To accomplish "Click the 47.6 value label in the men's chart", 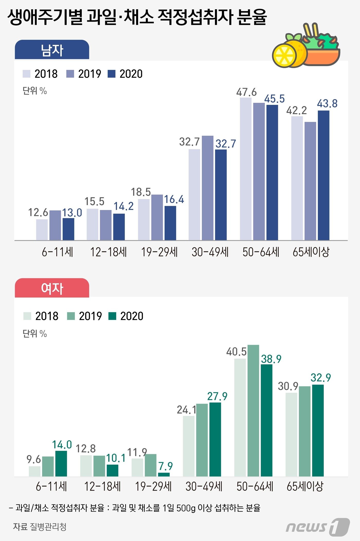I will (x=246, y=92).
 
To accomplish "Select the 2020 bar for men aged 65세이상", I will (x=323, y=175).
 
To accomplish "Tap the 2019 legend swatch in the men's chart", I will (x=70, y=74).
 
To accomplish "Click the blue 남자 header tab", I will (x=52, y=50).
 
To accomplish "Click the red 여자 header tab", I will (x=52, y=288).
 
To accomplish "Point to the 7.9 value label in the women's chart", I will (x=165, y=466).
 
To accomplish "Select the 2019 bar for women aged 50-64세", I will (x=253, y=410).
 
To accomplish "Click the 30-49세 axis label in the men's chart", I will (x=210, y=252).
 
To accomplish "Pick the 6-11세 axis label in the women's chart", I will (x=51, y=487).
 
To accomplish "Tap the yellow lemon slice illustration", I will (x=284, y=55).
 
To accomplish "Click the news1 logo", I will (x=318, y=527).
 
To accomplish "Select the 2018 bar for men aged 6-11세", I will (x=42, y=230).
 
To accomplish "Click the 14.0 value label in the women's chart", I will (x=62, y=445).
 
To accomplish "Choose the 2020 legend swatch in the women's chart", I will (x=112, y=316).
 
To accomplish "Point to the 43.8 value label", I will (x=327, y=104).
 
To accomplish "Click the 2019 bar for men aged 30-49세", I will (x=208, y=188).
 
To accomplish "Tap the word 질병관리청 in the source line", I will (x=48, y=527).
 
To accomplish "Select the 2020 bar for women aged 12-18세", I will (x=112, y=470).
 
